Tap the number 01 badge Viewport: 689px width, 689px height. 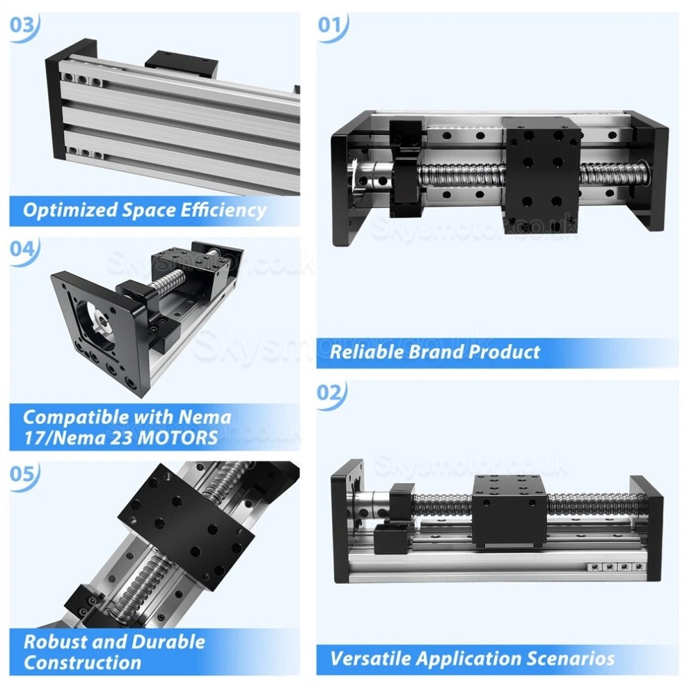tap(331, 26)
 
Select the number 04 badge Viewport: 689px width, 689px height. tap(24, 250)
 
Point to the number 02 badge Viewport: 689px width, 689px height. tap(331, 393)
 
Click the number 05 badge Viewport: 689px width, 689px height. tap(24, 473)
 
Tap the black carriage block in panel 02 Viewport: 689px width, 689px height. tap(509, 512)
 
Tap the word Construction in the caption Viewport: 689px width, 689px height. tap(82, 662)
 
